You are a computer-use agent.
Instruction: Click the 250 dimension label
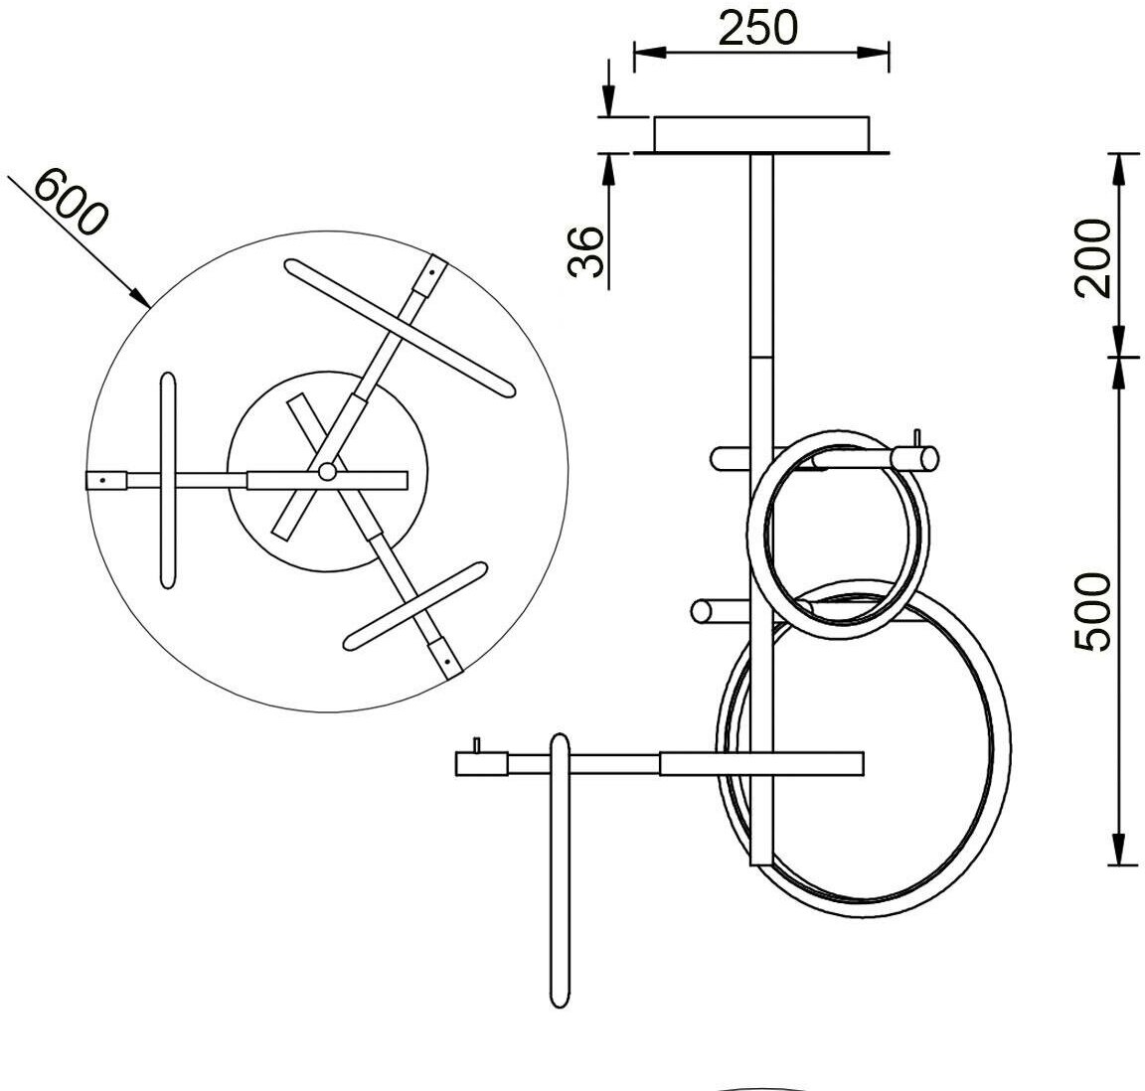[x=758, y=28]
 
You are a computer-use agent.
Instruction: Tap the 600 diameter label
[x=71, y=201]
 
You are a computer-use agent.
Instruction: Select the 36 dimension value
[x=586, y=252]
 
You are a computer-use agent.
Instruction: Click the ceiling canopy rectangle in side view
[x=761, y=134]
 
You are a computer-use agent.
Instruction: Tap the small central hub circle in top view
[x=327, y=472]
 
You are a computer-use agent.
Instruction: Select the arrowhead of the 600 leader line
[x=141, y=297]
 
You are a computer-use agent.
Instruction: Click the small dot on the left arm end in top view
[x=102, y=481]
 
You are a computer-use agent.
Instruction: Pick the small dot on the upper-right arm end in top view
[x=432, y=271]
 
